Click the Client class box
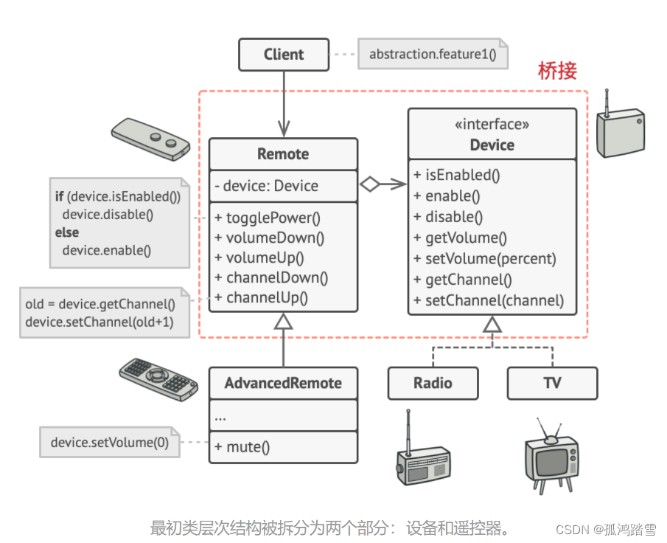click(283, 55)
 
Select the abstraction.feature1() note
click(433, 55)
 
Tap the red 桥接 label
click(557, 72)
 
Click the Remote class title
click(283, 154)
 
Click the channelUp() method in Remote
click(267, 298)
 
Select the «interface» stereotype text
click(492, 125)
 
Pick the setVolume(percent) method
click(490, 259)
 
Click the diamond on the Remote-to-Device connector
click(369, 184)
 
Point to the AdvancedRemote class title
click(283, 384)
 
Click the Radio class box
click(433, 384)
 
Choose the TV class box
click(552, 384)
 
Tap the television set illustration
click(551, 457)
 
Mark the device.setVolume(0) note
click(109, 443)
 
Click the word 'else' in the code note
click(66, 232)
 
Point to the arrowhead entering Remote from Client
click(283, 131)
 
